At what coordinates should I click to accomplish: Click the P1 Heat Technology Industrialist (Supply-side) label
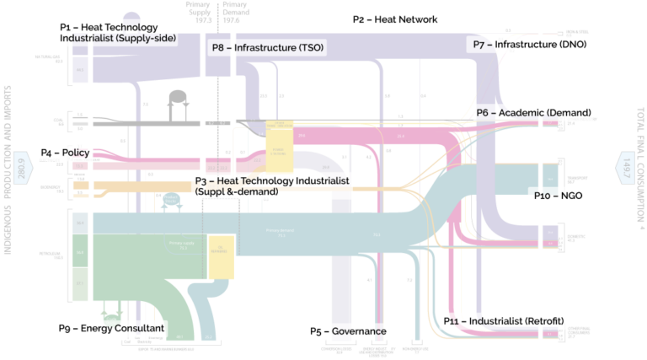[x=117, y=33]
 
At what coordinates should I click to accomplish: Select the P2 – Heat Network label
[x=395, y=19]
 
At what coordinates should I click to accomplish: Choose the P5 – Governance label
[x=348, y=331]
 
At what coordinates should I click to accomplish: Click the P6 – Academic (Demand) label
[x=533, y=112]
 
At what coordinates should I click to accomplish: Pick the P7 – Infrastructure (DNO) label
[x=529, y=44]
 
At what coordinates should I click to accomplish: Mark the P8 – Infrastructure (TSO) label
[x=268, y=48]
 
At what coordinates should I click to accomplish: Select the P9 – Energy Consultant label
[x=111, y=328]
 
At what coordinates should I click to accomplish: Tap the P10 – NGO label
[x=559, y=195]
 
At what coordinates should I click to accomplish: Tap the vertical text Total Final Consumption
[x=639, y=169]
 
